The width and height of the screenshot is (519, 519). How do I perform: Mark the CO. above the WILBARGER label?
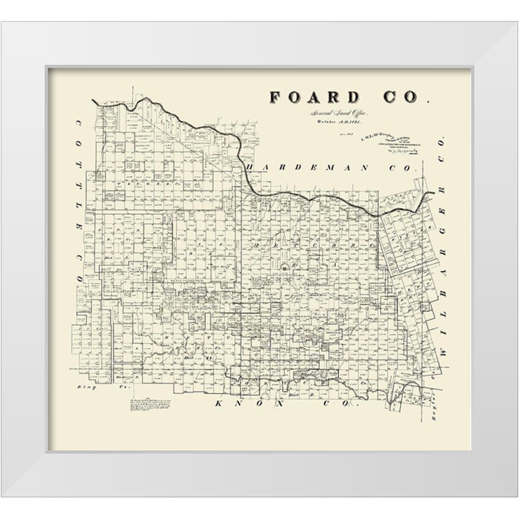click(442, 146)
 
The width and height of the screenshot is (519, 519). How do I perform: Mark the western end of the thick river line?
click(93, 101)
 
